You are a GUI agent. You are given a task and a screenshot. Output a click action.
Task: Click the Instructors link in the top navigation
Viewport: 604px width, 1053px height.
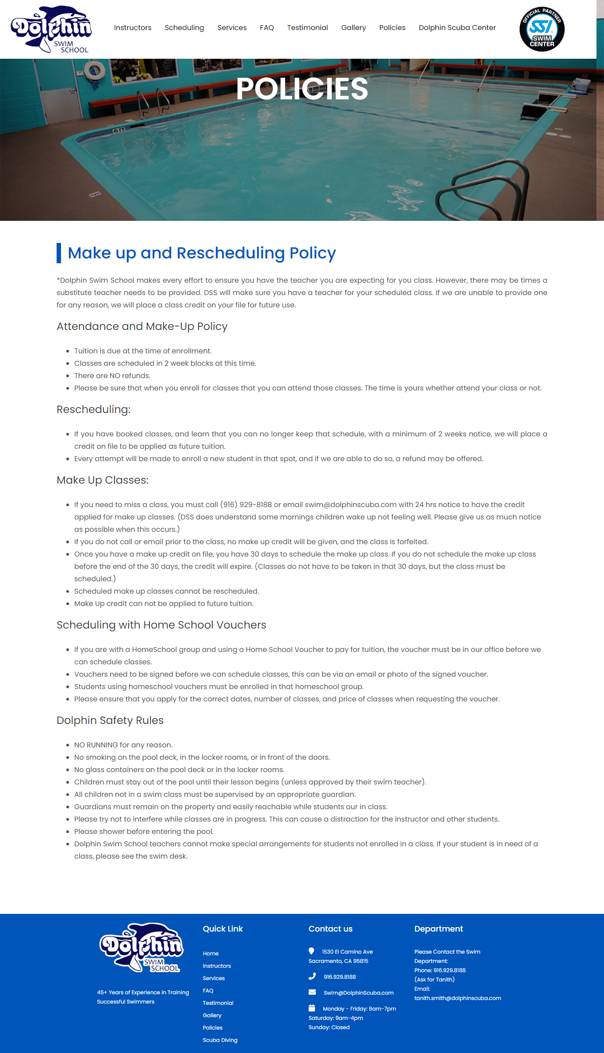(x=133, y=27)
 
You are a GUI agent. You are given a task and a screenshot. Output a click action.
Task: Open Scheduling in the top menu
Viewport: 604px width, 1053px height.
(x=184, y=27)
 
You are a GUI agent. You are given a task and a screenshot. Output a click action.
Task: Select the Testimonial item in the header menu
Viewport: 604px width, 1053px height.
(x=307, y=27)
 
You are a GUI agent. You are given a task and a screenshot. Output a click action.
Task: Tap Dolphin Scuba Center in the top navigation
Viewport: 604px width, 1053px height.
(x=457, y=27)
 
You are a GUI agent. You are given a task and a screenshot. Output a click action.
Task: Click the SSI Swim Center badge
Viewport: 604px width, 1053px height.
(x=542, y=29)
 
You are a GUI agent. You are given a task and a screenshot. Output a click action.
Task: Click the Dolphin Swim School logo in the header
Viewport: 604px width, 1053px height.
(x=51, y=29)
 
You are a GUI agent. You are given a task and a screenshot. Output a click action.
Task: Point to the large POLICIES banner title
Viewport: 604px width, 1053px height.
(x=302, y=89)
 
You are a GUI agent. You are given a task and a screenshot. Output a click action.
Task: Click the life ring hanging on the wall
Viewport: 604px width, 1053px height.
(x=94, y=70)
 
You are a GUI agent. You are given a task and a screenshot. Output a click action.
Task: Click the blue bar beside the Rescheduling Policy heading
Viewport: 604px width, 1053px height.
(x=59, y=253)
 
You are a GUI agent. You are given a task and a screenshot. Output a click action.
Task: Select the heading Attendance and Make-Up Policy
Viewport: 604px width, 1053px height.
(x=142, y=326)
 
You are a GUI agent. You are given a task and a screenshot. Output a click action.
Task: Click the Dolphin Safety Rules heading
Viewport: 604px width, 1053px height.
(x=110, y=720)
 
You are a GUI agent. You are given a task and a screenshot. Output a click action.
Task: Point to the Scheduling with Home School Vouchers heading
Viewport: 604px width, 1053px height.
(x=161, y=625)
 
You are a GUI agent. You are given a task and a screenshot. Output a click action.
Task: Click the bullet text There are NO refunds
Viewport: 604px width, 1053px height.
(x=112, y=376)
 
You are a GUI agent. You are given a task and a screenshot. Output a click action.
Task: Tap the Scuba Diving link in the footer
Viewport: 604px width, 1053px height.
(x=220, y=1040)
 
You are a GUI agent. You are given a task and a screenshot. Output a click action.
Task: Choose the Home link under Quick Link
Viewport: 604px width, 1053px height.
(x=211, y=954)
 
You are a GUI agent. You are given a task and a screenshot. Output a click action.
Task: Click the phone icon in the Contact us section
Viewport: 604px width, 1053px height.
(x=312, y=976)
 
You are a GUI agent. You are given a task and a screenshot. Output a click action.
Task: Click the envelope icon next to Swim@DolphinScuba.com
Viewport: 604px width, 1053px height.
(x=312, y=992)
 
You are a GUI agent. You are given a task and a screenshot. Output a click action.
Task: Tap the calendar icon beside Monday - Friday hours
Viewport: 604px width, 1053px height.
(x=312, y=1008)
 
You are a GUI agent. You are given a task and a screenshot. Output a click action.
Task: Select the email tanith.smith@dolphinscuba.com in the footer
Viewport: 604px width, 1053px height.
(x=458, y=998)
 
